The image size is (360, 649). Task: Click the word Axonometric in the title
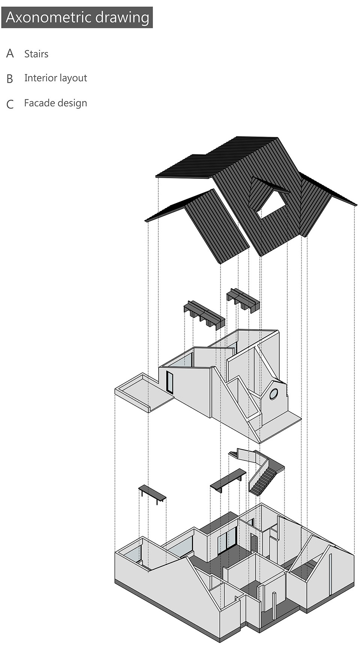pos(48,17)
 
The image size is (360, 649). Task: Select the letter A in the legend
pos(10,54)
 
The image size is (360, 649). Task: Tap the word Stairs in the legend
pos(36,54)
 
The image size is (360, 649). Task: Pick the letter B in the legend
pos(10,79)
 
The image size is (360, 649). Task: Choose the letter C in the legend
pos(10,104)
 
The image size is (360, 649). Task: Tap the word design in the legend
pos(73,103)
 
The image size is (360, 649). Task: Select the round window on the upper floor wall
pos(273,394)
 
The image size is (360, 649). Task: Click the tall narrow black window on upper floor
pos(170,382)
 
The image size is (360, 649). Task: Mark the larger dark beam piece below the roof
pos(204,315)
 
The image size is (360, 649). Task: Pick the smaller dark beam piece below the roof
pos(243,300)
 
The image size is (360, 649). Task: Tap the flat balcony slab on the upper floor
pos(144,393)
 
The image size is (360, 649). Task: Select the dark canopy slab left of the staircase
pos(228,480)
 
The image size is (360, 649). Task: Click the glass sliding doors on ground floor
pos(227,541)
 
